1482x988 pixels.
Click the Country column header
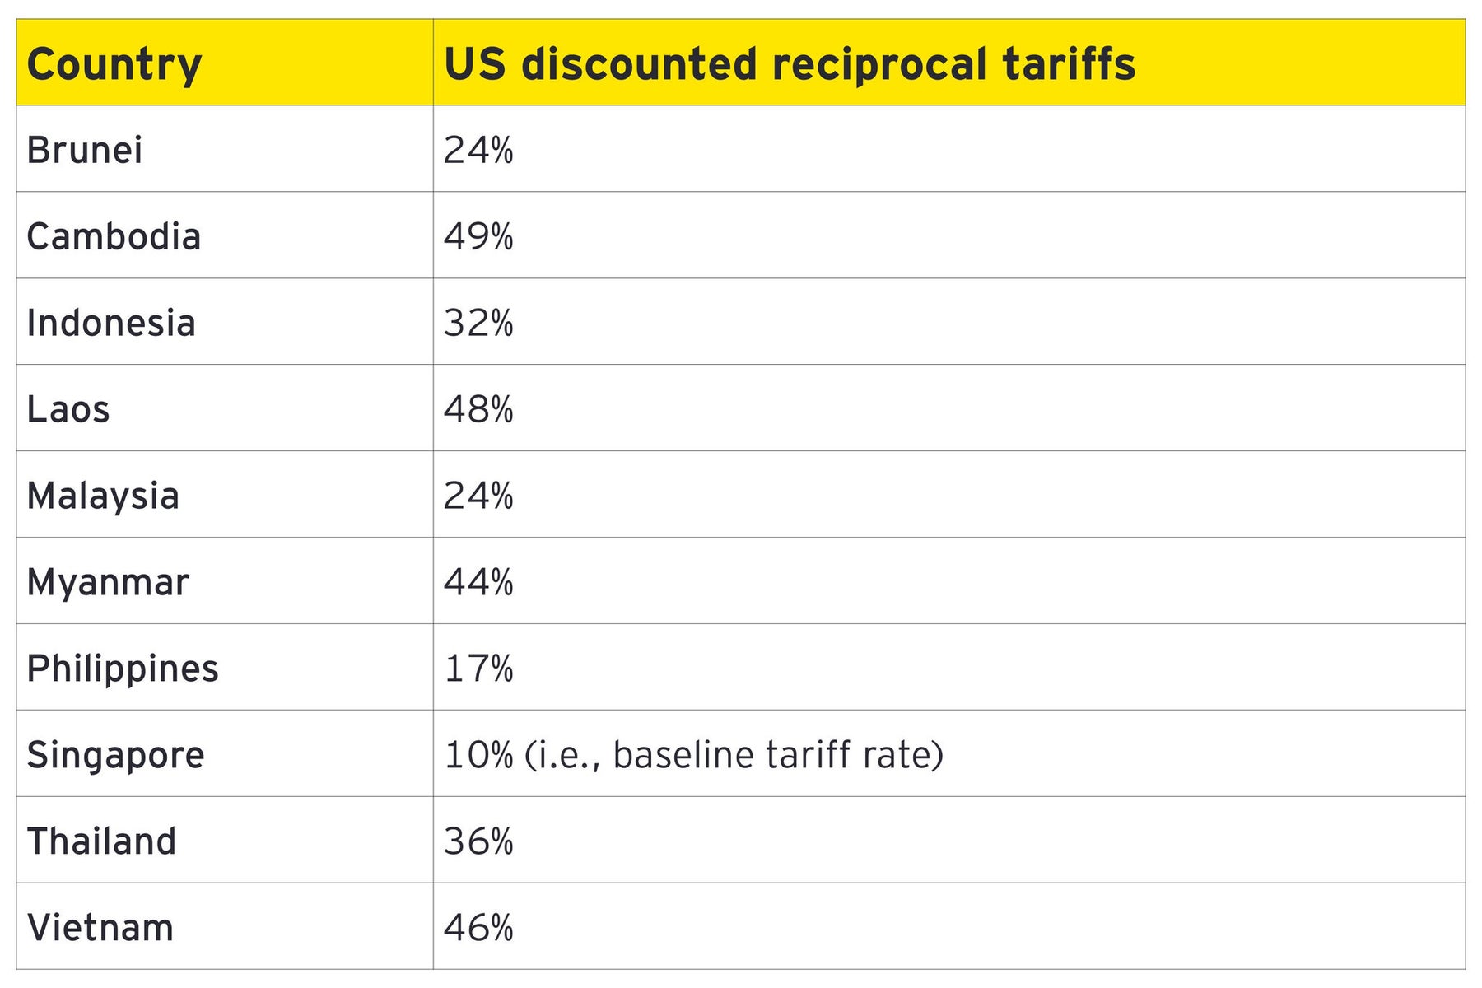point(114,64)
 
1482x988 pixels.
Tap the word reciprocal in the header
point(878,64)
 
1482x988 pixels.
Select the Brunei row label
point(85,151)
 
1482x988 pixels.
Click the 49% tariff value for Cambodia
point(478,237)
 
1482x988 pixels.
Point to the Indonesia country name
point(111,324)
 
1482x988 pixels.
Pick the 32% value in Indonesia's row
point(478,324)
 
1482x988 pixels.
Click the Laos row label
point(68,410)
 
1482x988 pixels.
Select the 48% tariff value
point(478,410)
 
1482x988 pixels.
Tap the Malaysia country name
point(103,496)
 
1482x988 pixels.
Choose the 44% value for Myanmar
point(478,583)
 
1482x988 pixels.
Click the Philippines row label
point(123,669)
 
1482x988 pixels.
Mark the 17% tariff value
point(478,669)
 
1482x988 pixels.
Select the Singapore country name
point(115,756)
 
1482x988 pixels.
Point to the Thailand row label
point(101,841)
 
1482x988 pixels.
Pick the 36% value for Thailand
point(478,841)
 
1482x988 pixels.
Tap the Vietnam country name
point(100,928)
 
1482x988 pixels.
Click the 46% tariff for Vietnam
point(478,928)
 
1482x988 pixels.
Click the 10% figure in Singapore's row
point(478,755)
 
